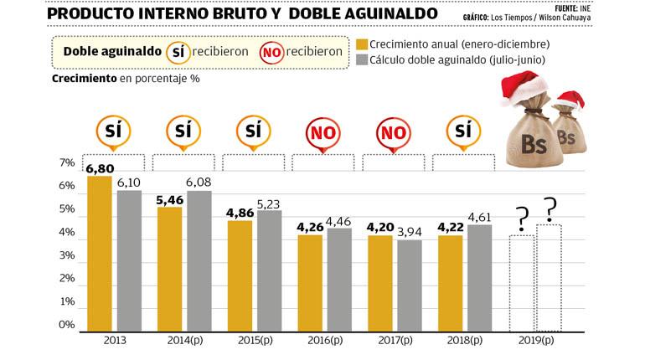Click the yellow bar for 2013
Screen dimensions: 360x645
point(99,251)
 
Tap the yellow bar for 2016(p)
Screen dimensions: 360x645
point(310,281)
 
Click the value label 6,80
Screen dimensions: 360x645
point(100,168)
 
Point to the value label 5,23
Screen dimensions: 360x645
point(270,203)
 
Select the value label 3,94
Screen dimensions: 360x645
point(410,233)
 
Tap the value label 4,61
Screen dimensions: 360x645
point(480,218)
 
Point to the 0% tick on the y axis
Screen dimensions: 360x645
point(68,325)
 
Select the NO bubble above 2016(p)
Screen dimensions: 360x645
point(323,133)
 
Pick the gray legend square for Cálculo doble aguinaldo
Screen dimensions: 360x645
point(362,61)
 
